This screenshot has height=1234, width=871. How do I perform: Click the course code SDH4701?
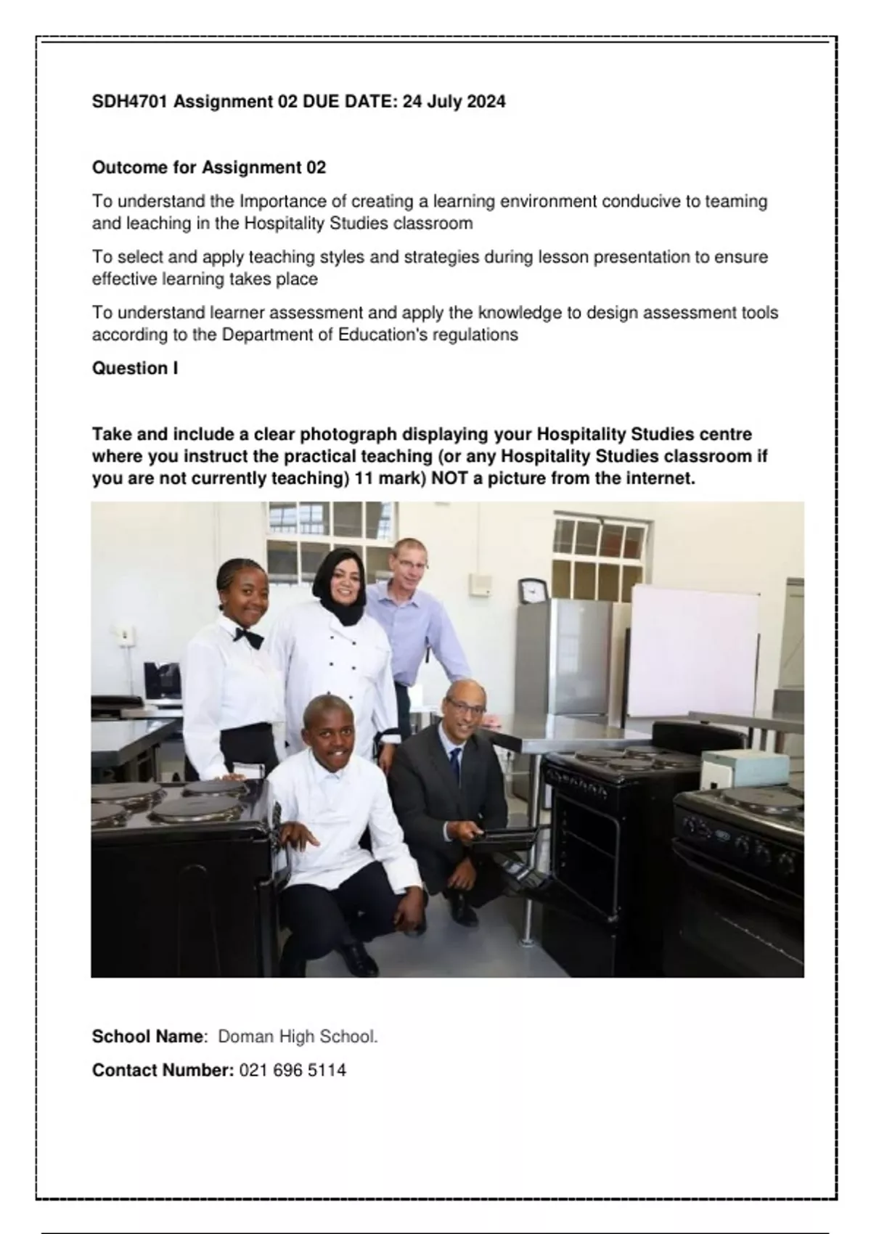coord(131,102)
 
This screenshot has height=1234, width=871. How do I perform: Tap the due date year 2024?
coord(486,102)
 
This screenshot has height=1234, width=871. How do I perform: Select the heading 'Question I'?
coord(134,369)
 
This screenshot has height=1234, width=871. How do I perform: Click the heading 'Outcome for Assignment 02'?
coord(208,168)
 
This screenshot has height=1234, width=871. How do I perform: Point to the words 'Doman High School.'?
coord(298,1037)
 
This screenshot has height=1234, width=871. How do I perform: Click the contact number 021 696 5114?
coord(292,1071)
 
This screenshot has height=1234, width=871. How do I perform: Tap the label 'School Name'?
coord(147,1037)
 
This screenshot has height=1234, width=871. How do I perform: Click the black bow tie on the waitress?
coord(248,637)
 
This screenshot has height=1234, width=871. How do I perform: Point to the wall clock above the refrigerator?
coord(533,590)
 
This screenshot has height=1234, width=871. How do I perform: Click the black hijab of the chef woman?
coord(342,581)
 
